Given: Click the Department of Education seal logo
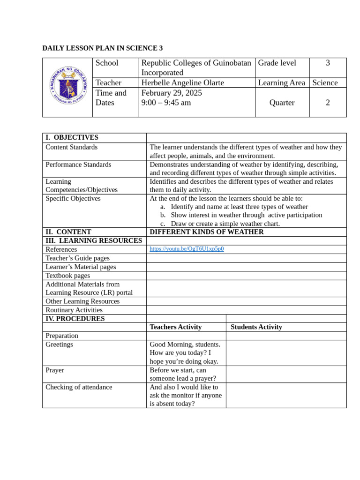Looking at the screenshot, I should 68,85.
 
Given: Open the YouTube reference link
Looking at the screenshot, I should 187,249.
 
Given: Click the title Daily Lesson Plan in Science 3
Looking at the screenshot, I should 103,48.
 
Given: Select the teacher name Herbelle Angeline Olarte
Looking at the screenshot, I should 182,82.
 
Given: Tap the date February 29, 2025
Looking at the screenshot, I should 172,93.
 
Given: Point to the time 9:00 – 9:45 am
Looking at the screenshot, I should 166,103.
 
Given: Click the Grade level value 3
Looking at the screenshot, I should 328,63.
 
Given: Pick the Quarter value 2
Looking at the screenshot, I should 328,103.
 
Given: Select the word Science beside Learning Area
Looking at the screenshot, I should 325,82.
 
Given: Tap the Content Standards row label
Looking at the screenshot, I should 72,147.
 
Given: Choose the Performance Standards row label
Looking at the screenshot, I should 78,165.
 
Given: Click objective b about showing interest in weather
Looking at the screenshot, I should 246,215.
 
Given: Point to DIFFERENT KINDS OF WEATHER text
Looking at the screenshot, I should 207,232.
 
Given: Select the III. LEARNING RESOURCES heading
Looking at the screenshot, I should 94,240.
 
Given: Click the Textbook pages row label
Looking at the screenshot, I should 67,276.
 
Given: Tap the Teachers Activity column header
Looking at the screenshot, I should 176,327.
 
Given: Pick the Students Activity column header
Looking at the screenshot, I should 256,327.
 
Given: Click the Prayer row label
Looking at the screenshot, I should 55,370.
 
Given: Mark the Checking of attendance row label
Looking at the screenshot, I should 79,387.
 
